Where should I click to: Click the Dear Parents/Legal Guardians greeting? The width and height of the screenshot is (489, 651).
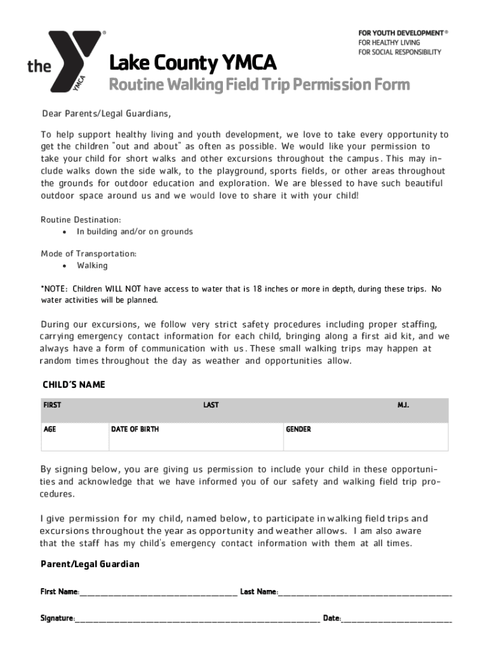pyautogui.click(x=107, y=114)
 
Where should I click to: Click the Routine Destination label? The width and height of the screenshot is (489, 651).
pyautogui.click(x=81, y=219)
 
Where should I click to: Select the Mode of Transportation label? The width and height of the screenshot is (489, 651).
pyautogui.click(x=88, y=254)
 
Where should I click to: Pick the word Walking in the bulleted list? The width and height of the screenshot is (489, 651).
pyautogui.click(x=92, y=266)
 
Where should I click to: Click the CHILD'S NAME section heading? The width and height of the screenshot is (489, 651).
pyautogui.click(x=74, y=385)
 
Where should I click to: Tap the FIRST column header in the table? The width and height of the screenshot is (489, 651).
pyautogui.click(x=52, y=405)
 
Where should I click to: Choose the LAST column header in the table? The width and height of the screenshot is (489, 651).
pyautogui.click(x=211, y=405)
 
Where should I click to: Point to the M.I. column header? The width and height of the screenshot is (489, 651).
pyautogui.click(x=403, y=405)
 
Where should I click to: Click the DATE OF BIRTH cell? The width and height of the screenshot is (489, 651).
pyautogui.click(x=135, y=430)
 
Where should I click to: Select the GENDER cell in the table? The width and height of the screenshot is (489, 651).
pyautogui.click(x=298, y=430)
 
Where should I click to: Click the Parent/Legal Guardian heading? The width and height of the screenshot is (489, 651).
pyautogui.click(x=90, y=565)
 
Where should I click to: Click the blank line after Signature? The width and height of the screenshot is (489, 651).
pyautogui.click(x=197, y=619)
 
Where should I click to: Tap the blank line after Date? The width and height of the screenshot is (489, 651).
pyautogui.click(x=397, y=619)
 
